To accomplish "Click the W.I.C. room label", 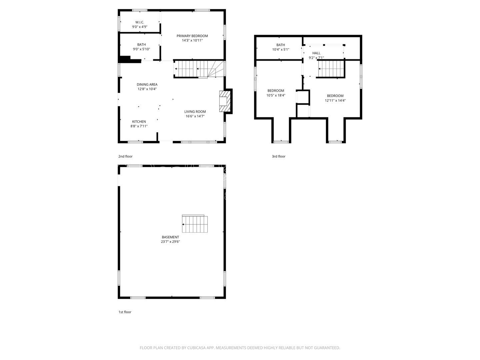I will (140, 22).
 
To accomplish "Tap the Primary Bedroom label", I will (192, 36).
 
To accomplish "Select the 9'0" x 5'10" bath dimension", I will (141, 49).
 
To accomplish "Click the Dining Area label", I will (147, 85).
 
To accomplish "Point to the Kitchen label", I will (139, 122).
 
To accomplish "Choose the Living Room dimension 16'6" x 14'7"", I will (195, 116).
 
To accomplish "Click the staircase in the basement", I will (195, 224).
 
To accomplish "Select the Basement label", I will (170, 237).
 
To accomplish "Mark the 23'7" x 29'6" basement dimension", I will (170, 242).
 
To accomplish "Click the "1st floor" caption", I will (125, 312).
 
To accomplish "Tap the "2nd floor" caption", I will (125, 156).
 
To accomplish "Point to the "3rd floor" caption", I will (279, 156).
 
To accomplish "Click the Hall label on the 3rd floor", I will (316, 53).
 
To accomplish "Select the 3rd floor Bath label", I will (281, 45).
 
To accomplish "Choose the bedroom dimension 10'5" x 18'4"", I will (276, 95).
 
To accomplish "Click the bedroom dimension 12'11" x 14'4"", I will (335, 100).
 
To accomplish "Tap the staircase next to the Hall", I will (330, 69).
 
